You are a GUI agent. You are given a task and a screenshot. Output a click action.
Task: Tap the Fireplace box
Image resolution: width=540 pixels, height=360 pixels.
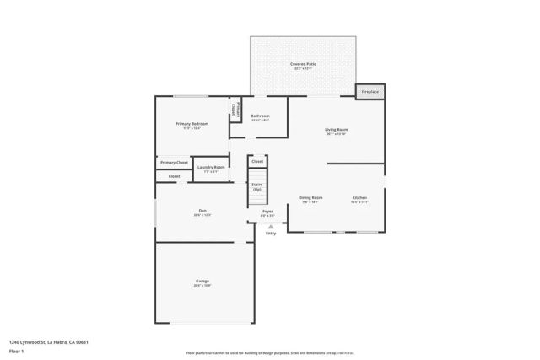pos(370,91)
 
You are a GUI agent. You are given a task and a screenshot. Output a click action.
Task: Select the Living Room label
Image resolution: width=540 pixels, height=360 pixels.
pos(337,130)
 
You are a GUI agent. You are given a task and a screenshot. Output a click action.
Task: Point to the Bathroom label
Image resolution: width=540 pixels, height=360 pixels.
pos(259,116)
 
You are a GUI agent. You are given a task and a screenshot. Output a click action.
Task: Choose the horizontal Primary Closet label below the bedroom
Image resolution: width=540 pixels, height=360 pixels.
pos(175,162)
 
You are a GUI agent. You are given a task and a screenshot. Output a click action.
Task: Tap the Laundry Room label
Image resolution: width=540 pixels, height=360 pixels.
pos(210,168)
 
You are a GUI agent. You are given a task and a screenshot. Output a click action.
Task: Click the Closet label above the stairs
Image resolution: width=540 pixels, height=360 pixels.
pos(257,160)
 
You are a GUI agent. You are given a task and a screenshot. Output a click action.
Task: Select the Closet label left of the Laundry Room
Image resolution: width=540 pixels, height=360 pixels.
pos(174,176)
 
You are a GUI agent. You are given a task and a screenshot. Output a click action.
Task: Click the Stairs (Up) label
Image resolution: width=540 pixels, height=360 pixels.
pos(256,187)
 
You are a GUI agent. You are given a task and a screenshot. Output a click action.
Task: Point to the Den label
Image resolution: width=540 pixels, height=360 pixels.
pos(202,211)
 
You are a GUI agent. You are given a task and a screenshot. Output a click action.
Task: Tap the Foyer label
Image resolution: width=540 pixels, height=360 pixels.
pos(267,212)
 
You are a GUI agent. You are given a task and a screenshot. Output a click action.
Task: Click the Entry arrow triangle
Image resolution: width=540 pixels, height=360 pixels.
pos(271,226)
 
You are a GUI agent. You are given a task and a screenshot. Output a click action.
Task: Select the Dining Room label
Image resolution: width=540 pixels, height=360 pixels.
pos(310,198)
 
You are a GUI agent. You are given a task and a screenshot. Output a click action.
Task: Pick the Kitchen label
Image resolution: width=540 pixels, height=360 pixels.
pos(359,198)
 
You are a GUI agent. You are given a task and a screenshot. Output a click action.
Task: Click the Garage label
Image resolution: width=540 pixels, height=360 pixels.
pos(202,281)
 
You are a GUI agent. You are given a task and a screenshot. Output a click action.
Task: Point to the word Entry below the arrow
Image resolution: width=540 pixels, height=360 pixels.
pos(271,234)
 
